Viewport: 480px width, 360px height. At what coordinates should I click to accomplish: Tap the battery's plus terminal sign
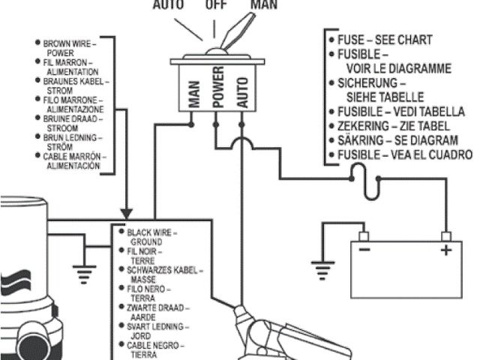pyautogui.click(x=445, y=250)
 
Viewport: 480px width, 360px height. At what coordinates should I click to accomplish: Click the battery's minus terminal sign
pyautogui.click(x=363, y=250)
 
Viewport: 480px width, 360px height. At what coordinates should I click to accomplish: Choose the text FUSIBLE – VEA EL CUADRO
pyautogui.click(x=401, y=155)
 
